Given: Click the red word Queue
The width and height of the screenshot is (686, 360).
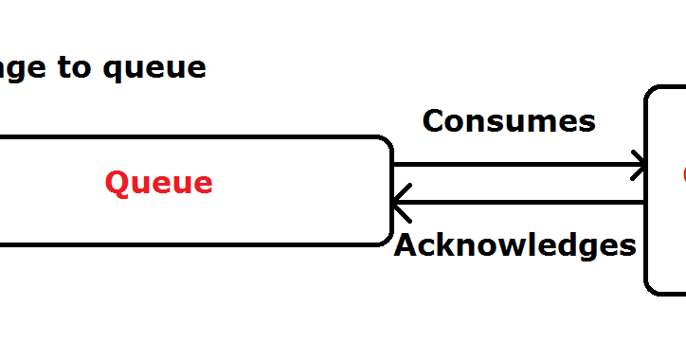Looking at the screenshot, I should [158, 182].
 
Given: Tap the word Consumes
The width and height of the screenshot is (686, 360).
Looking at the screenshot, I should [509, 120].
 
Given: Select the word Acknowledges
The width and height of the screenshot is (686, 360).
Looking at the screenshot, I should [514, 245].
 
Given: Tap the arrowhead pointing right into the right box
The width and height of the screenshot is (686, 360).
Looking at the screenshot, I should [640, 166].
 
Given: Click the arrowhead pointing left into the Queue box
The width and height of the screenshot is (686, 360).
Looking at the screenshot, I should [400, 202].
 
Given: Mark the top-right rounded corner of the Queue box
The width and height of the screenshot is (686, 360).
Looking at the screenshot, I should [385, 144].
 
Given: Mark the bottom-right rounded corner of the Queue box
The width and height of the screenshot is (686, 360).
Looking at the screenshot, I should [385, 237].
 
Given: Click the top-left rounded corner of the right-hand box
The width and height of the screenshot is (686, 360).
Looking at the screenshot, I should [654, 95].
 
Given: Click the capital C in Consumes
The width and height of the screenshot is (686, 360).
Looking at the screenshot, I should [434, 120].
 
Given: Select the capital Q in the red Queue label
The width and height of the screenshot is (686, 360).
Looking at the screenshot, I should [117, 182].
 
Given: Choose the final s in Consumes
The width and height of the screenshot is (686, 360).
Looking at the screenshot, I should [587, 122].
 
